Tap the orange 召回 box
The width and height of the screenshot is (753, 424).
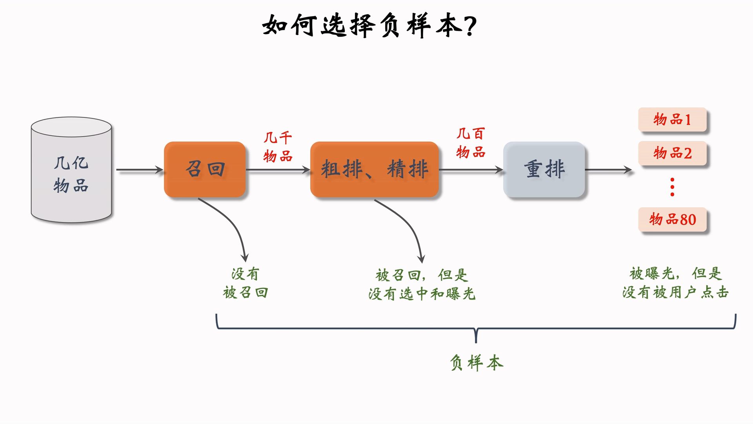point(205,169)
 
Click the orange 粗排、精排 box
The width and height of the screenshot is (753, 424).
point(374,169)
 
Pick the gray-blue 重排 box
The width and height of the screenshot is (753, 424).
point(544,169)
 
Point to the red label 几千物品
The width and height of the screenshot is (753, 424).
point(278,147)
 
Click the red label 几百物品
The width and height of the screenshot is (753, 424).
point(471,143)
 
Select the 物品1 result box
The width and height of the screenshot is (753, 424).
point(672,119)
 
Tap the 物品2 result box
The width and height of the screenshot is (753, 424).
point(672,153)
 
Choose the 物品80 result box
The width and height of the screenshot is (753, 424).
point(672,219)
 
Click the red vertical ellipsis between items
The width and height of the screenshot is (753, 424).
point(672,187)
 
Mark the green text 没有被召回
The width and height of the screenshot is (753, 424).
point(246,283)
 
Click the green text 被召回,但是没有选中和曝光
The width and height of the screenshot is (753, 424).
point(422,284)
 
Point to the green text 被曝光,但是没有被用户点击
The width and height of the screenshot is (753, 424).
point(675,283)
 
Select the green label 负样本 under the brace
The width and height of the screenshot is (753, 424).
point(476,362)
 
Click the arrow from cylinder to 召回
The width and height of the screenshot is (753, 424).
point(139,170)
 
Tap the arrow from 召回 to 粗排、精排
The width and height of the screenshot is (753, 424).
point(278,170)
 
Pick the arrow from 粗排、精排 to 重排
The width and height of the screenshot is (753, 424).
point(471,170)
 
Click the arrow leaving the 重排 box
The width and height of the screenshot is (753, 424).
point(608,170)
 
